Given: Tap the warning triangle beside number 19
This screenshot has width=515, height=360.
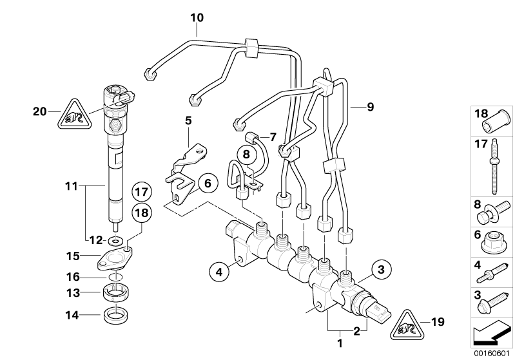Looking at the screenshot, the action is tap(407, 326).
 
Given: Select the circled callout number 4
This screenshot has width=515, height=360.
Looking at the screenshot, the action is tap(219, 271).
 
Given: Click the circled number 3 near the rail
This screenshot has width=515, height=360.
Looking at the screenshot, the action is tap(381, 270).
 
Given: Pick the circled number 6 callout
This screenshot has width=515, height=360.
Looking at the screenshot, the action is tap(208, 183).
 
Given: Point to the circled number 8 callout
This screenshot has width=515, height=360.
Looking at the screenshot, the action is tap(246, 153).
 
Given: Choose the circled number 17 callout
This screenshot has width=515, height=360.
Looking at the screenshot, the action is tap(142, 192).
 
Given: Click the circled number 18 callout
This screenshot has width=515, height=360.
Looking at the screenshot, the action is tap(142, 213).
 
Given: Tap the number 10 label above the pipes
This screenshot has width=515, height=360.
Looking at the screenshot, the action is tap(197, 17).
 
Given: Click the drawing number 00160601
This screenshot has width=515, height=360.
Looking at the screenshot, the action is tap(491, 354).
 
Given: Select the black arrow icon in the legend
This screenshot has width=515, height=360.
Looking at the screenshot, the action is tap(491, 333).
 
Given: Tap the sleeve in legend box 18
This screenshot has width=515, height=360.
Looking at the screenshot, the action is tap(496, 121).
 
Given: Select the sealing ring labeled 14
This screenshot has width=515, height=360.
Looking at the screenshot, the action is tap(116, 316).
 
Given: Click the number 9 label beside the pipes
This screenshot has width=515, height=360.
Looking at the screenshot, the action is tap(371, 107).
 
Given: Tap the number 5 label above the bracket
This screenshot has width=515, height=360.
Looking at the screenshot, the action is tap(188, 120).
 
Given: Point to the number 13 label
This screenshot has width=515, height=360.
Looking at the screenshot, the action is tap(73, 292).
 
